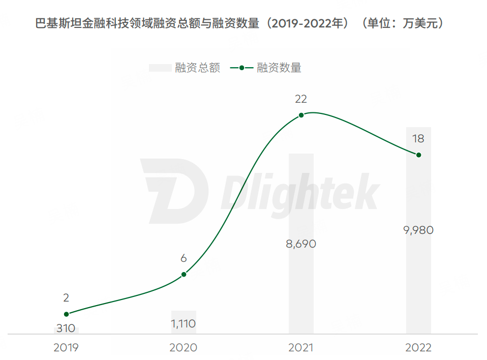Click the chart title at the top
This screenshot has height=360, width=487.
[x=239, y=24]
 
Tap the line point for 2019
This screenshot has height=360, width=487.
[x=66, y=314]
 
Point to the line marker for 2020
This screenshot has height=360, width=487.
[x=184, y=275]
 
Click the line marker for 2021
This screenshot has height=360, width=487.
[x=301, y=115]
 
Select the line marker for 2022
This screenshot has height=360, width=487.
[x=419, y=155]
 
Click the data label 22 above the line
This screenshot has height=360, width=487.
[x=301, y=99]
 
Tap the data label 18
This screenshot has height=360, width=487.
[x=418, y=139]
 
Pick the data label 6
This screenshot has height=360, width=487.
[x=184, y=258]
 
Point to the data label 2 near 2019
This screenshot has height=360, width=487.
[x=66, y=298]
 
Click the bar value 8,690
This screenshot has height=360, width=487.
[x=301, y=244]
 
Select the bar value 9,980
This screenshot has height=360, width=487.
[x=418, y=230]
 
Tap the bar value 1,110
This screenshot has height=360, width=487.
[x=184, y=323]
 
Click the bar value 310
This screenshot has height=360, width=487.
[x=66, y=329]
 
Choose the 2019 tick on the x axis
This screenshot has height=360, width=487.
[x=66, y=348]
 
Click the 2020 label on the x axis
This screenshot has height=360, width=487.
[x=184, y=348]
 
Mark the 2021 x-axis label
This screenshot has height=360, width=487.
[x=301, y=348]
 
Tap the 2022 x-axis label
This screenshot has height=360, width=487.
[x=418, y=348]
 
